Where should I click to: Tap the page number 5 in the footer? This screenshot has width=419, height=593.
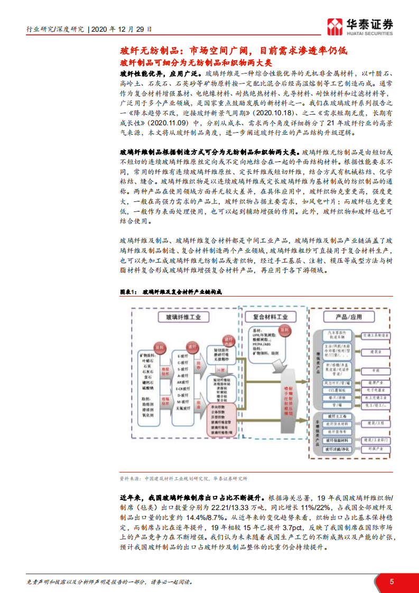point(392,581)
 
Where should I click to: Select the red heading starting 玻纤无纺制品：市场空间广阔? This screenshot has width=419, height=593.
point(234,51)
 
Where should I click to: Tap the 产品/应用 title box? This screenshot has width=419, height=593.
point(349,317)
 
